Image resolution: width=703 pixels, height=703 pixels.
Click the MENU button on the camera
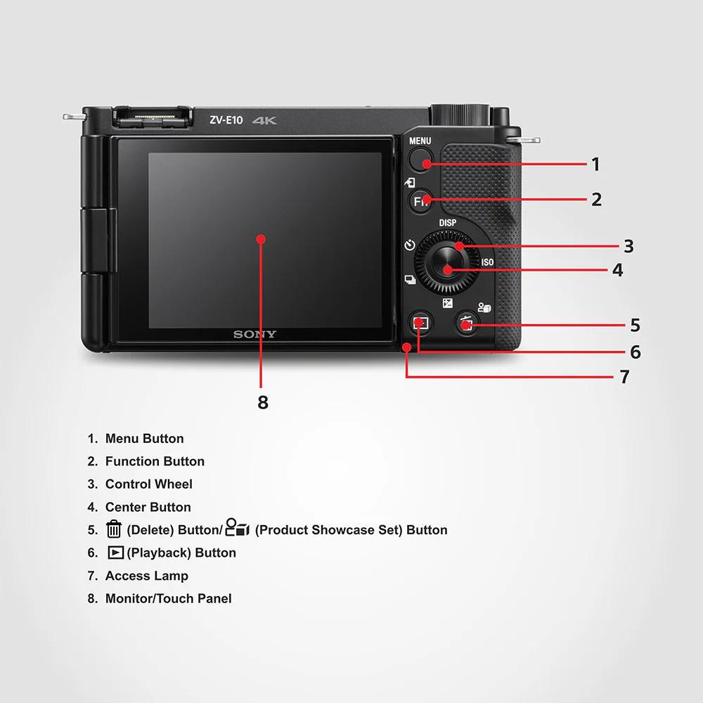[420, 161]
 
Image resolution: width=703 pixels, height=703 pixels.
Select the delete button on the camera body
[467, 324]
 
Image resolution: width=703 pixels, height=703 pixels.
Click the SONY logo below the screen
[255, 335]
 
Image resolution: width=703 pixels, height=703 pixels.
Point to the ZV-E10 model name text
[226, 120]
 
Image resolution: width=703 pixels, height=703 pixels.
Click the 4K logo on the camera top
[265, 120]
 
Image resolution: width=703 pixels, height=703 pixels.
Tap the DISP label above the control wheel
[448, 223]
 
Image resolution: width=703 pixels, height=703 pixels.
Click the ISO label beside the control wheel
[487, 262]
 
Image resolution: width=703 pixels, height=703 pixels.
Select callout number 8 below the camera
[262, 403]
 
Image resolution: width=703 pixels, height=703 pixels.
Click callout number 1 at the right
[595, 165]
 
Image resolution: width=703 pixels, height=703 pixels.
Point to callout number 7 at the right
[624, 378]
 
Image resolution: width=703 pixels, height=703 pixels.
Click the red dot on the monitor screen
[261, 239]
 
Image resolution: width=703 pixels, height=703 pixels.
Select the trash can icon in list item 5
[113, 529]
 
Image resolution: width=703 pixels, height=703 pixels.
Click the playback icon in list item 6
[115, 553]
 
